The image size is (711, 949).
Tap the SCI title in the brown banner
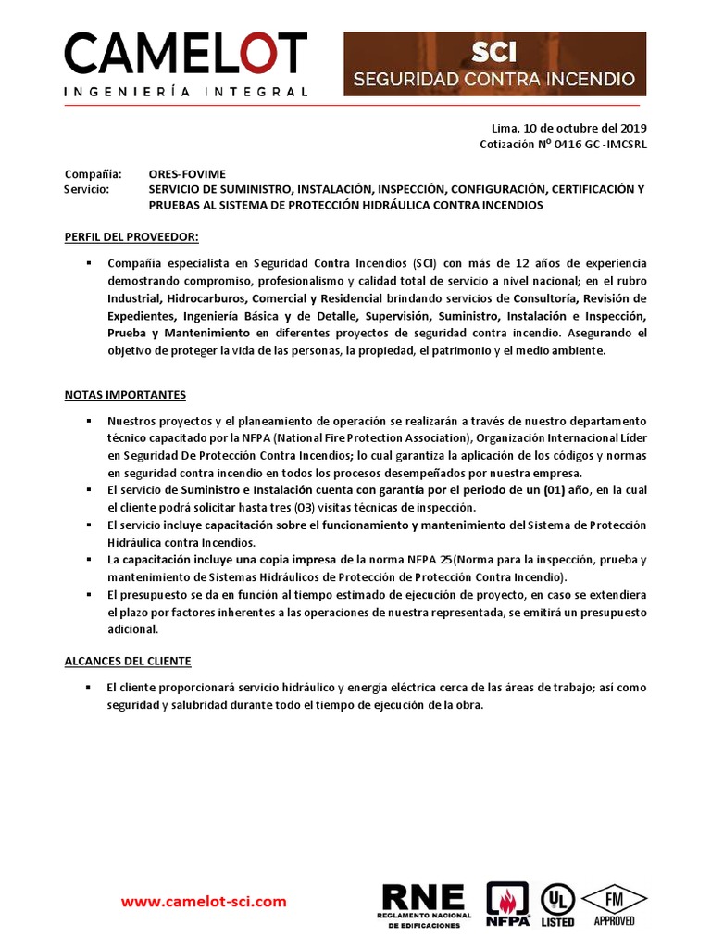point(494,52)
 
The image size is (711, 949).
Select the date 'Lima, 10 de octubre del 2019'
point(569,129)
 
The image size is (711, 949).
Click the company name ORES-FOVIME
point(187,173)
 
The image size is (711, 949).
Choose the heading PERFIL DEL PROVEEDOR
point(131,236)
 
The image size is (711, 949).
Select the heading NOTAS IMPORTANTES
point(125,395)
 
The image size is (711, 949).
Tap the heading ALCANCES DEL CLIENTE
point(128,661)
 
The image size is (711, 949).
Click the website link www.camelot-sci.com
point(205,901)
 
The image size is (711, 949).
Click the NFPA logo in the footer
point(507,904)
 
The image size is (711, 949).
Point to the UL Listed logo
point(557,904)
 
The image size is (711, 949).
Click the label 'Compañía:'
point(93,173)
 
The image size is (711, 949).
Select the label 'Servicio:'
point(87,189)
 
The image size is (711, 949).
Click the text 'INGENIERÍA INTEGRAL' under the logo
point(185,92)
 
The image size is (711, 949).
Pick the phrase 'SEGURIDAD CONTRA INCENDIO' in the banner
point(494,79)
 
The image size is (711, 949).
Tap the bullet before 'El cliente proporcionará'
point(87,688)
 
